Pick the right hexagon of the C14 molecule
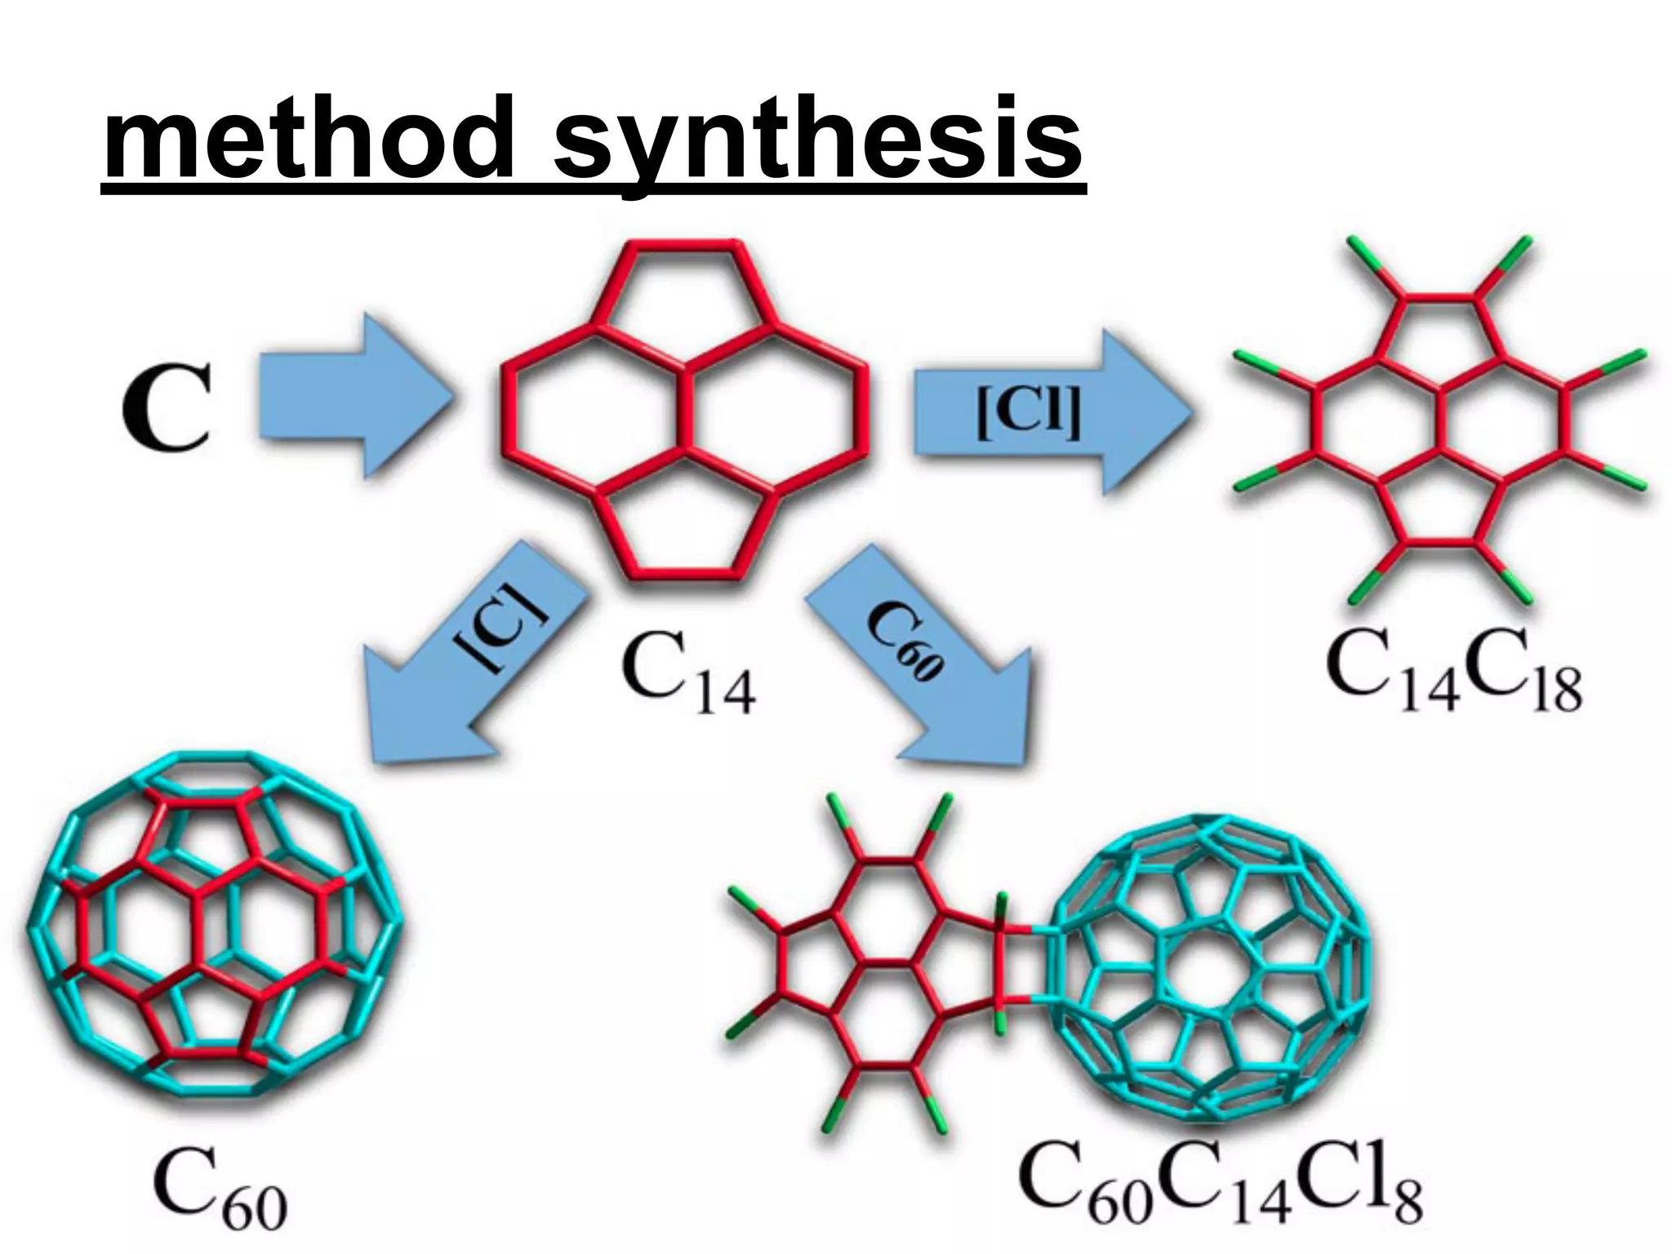click(776, 409)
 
